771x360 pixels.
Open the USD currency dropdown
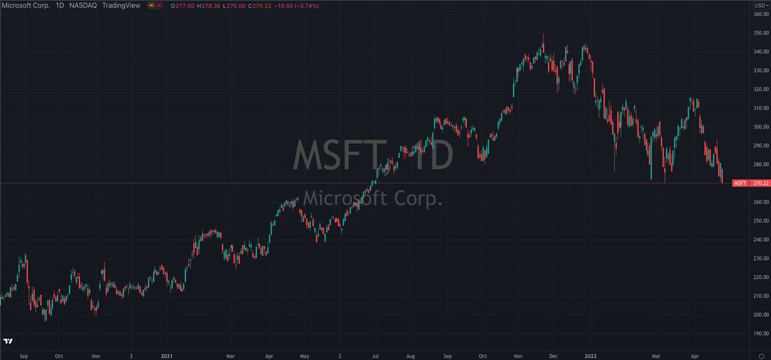(x=760, y=5)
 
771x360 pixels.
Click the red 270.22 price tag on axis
(x=761, y=183)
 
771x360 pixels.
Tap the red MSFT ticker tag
(x=740, y=183)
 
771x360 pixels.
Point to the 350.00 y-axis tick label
(x=761, y=33)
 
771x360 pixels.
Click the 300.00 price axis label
(x=761, y=127)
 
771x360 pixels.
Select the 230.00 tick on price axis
(x=761, y=258)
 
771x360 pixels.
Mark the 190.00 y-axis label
(x=761, y=334)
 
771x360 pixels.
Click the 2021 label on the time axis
(x=166, y=354)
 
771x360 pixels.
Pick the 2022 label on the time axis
(x=589, y=354)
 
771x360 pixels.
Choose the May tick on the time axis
(x=305, y=354)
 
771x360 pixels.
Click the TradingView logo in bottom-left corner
(x=9, y=341)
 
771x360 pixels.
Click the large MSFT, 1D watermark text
(x=373, y=155)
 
